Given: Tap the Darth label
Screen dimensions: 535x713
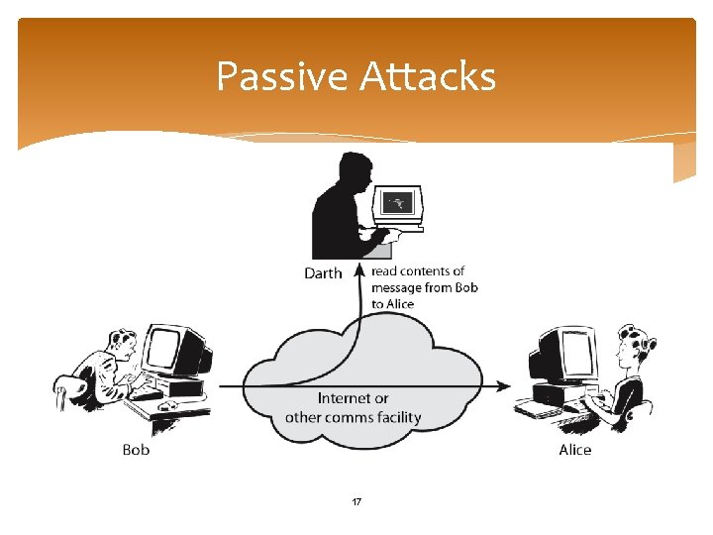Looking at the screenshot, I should point(323,273).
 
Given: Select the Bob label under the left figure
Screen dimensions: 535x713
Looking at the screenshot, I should point(136,450).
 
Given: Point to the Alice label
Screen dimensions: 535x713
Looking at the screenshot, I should point(574,450).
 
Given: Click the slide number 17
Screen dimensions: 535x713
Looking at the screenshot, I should point(356,502).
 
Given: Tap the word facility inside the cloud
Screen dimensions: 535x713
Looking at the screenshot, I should point(396,417).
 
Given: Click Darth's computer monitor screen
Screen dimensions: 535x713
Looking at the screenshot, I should point(398,203).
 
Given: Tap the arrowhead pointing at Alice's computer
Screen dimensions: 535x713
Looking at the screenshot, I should point(504,385).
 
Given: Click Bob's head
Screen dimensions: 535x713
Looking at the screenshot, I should point(122,346).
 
